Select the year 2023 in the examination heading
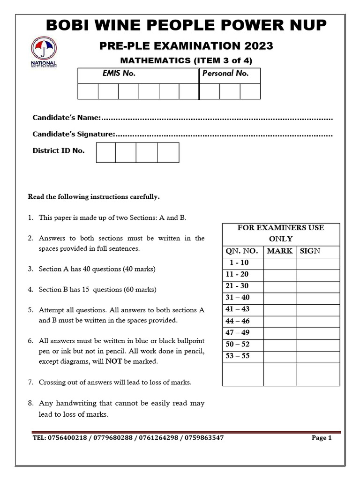point(256,45)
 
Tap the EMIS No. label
point(119,74)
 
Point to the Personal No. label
point(225,74)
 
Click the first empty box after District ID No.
point(106,152)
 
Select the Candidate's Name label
point(67,117)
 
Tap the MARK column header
point(280,251)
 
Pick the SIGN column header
point(310,251)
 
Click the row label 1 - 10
point(242,263)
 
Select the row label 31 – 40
point(242,298)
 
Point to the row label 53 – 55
point(242,356)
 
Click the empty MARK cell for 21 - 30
point(280,286)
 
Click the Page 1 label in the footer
point(322,438)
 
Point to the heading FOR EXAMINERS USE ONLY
point(281,233)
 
